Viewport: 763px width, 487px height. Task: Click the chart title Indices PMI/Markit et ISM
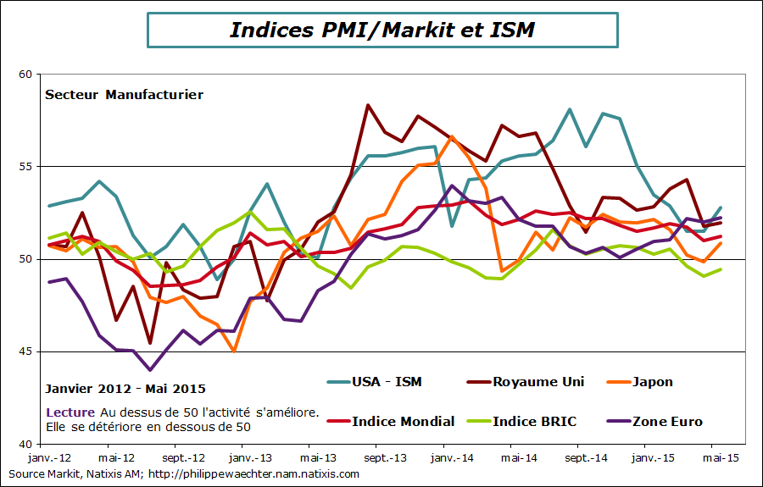click(x=381, y=30)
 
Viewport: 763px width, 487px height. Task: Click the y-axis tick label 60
click(x=25, y=75)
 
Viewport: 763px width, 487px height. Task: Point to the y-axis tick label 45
click(x=25, y=351)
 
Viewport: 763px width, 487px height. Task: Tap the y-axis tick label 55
click(x=25, y=167)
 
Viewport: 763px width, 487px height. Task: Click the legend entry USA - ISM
click(x=386, y=381)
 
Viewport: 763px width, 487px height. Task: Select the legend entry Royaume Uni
click(x=537, y=381)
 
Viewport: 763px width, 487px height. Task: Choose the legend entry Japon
click(x=652, y=381)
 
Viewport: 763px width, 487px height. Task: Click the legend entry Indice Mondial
click(x=403, y=421)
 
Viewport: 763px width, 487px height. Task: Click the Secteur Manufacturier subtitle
click(x=124, y=95)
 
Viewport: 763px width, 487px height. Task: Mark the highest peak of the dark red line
click(x=368, y=105)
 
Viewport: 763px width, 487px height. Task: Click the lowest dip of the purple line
click(x=150, y=370)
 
